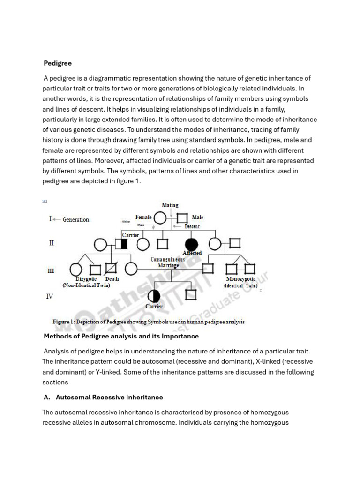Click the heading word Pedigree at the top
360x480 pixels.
point(58,63)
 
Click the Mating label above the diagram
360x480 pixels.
point(170,205)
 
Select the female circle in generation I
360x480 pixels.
point(160,218)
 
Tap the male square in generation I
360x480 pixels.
point(183,218)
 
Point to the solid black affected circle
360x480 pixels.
point(191,244)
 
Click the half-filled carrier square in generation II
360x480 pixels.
point(121,244)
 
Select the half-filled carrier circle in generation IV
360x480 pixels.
point(154,296)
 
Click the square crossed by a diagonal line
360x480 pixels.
point(111,269)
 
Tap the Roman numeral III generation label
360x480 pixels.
point(52,271)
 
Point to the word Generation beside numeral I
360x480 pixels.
point(75,219)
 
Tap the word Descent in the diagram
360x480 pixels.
point(192,226)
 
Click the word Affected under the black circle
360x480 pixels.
point(192,253)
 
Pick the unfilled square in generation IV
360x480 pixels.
point(191,295)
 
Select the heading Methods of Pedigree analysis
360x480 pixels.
point(121,336)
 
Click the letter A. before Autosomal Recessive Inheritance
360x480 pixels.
point(46,397)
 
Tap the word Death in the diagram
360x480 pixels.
point(112,279)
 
